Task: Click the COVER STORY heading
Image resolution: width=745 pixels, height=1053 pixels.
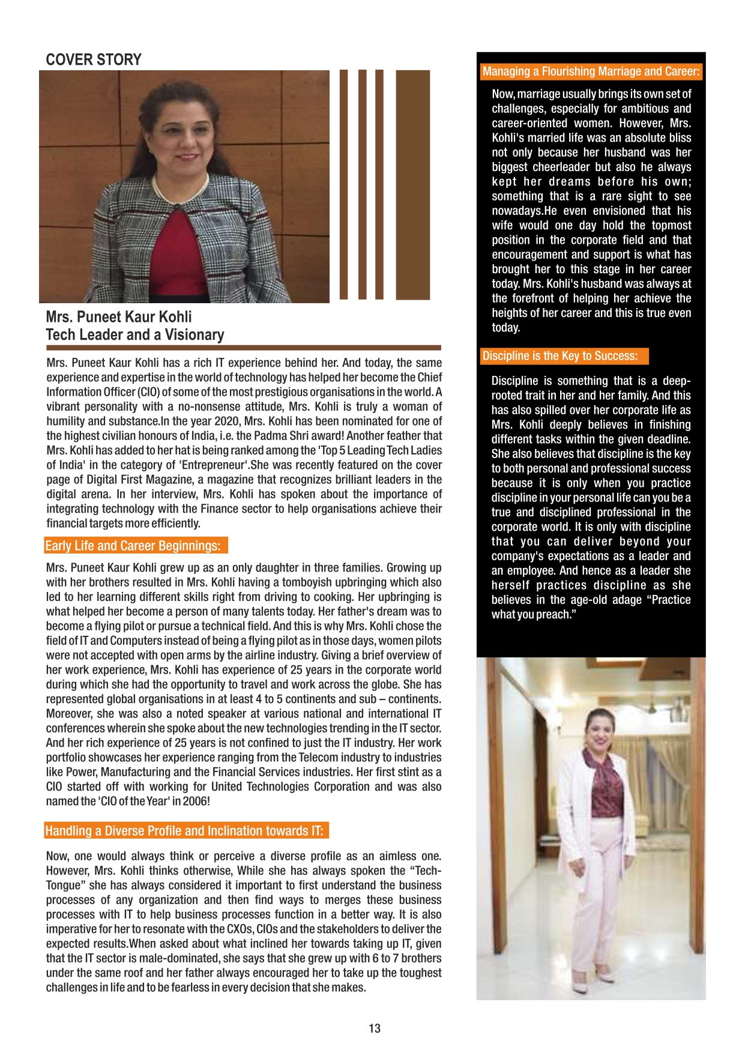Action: click(94, 59)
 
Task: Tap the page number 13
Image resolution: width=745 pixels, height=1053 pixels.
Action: click(375, 1028)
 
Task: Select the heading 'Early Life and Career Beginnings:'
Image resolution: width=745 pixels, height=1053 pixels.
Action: click(133, 546)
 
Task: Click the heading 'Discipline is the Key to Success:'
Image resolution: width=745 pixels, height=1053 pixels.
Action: click(560, 356)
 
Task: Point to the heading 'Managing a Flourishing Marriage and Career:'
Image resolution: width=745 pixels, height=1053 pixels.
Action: click(591, 71)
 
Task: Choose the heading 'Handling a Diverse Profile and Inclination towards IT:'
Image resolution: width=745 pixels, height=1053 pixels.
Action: click(184, 831)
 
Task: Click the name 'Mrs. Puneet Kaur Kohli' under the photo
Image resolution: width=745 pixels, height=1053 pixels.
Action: click(119, 317)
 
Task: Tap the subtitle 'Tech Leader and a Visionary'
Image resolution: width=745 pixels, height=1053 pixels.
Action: click(135, 335)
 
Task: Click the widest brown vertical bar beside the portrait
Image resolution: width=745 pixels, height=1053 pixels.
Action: click(413, 184)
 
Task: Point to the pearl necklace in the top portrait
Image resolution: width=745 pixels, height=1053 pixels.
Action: click(180, 187)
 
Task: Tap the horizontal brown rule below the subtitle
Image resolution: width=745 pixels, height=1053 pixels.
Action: click(243, 348)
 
